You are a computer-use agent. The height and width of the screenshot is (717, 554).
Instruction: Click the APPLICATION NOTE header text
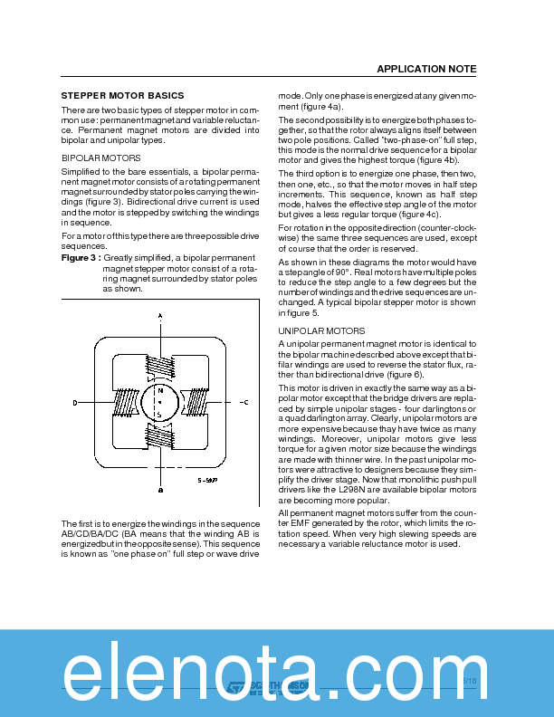pyautogui.click(x=425, y=70)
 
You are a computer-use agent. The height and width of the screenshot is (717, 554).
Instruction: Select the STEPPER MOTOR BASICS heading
pyautogui.click(x=122, y=95)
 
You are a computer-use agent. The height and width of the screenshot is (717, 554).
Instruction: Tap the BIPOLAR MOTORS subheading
pyautogui.click(x=100, y=158)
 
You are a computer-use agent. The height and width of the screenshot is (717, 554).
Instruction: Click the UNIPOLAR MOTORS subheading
pyautogui.click(x=321, y=331)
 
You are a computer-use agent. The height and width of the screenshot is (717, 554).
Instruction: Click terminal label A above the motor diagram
pyautogui.click(x=160, y=315)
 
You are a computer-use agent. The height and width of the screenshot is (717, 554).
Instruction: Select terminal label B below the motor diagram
pyautogui.click(x=160, y=490)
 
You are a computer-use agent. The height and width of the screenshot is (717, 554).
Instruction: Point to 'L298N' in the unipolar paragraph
pyautogui.click(x=366, y=489)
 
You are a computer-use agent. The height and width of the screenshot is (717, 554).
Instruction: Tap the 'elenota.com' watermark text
pyautogui.click(x=277, y=674)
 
